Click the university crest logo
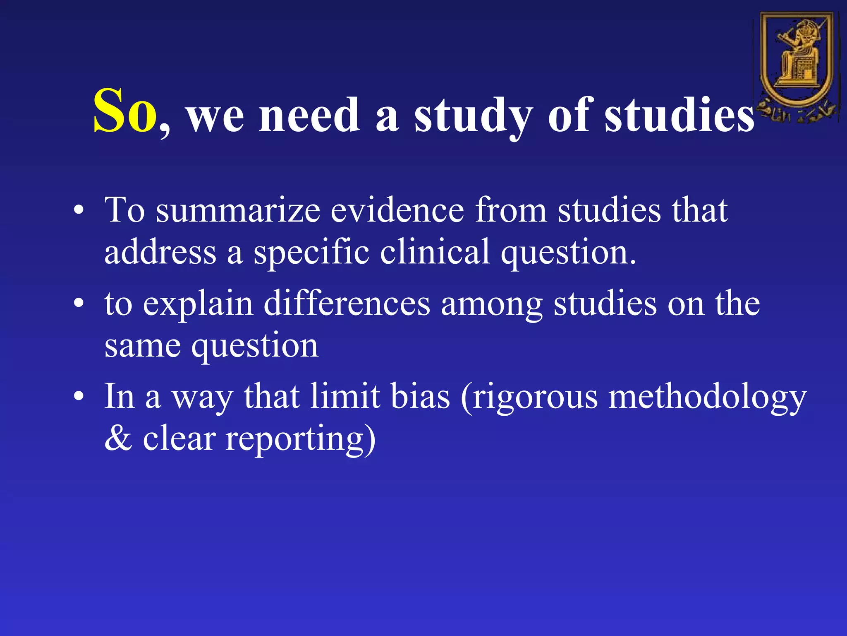pos(797,66)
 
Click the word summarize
pos(238,210)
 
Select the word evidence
pos(397,210)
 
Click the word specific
pos(311,252)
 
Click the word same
pos(143,346)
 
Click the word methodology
pos(707,397)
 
